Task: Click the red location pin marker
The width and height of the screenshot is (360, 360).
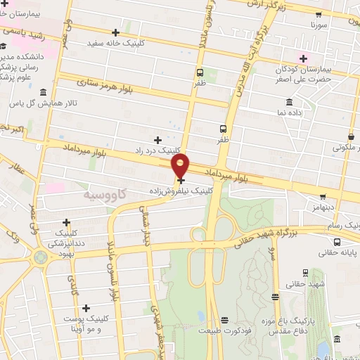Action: [x=181, y=166]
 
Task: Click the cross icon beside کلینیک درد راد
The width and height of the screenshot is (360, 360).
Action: [x=157, y=140]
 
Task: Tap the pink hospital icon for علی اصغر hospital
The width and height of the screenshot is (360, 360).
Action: [x=304, y=58]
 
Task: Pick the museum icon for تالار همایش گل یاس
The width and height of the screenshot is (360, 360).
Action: [x=44, y=93]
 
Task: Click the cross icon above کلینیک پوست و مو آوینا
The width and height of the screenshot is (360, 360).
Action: [x=86, y=308]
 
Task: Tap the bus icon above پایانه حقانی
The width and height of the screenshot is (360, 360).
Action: [x=337, y=242]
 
